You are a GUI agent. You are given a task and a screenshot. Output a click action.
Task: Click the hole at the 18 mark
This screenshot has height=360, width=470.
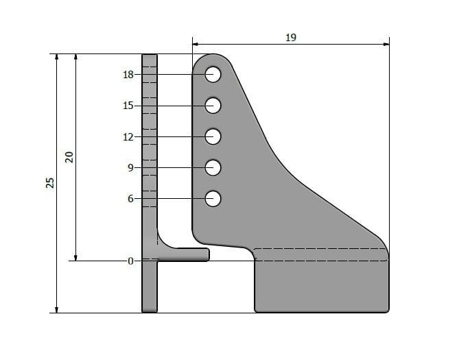(x=213, y=74)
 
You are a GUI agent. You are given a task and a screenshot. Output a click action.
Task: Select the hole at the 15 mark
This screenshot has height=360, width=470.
(x=213, y=106)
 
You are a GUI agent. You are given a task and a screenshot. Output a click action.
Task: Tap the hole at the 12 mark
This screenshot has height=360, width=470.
(x=213, y=136)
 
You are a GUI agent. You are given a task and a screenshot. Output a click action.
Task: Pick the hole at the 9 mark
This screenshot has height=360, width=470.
(x=213, y=167)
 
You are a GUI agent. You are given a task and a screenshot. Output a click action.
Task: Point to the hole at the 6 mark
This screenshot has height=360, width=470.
(x=213, y=199)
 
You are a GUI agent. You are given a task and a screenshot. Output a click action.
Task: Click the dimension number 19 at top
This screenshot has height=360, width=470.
(x=290, y=38)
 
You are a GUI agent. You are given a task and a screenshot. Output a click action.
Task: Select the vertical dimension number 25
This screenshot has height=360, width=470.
(x=50, y=183)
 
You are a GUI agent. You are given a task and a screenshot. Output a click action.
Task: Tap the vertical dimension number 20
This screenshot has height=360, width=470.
(x=69, y=157)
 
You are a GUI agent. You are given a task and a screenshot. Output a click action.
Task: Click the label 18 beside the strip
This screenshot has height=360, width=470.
(x=128, y=75)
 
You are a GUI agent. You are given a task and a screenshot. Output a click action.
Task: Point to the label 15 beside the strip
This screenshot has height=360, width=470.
(x=128, y=106)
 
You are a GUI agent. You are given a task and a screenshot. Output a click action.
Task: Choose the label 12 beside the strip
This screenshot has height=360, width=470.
(x=128, y=136)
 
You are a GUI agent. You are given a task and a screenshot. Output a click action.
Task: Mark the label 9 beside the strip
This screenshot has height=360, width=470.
(x=130, y=167)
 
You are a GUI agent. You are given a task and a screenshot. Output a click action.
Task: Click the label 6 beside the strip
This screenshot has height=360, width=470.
(x=130, y=199)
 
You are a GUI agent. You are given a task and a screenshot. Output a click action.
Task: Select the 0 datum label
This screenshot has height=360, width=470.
(x=130, y=261)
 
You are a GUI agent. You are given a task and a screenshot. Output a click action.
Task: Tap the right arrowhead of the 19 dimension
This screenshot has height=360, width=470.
(x=386, y=45)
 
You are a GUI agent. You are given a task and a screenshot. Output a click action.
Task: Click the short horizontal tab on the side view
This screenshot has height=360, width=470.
(x=185, y=254)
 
